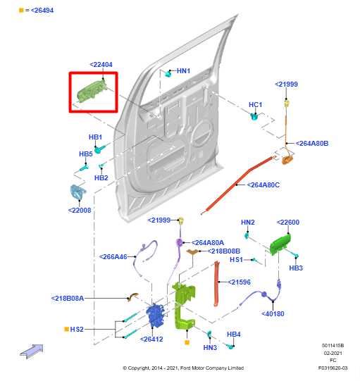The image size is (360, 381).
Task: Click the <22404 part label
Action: pos(101,65)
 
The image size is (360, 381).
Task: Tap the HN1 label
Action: pos(183,71)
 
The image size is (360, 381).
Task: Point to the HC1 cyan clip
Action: pos(254,116)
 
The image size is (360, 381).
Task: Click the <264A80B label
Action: pos(312,144)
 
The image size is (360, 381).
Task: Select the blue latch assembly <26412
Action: pos(156,316)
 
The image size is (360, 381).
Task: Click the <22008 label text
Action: pos(80,210)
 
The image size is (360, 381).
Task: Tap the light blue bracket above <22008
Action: pos(77,192)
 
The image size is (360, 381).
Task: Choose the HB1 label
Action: pos(95,137)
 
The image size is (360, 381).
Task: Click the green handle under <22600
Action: pos(280,244)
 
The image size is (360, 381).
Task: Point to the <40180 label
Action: pos(273,313)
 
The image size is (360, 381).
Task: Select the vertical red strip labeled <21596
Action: pos(216,284)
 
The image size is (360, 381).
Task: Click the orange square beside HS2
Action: pos(66,329)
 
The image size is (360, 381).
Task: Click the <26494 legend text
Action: pos(42,11)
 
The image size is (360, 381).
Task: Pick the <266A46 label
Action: pos(113,256)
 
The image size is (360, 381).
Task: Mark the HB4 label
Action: pos(234,335)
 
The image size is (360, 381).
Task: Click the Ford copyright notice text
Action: pos(183,368)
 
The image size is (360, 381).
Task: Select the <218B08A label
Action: pos(68,298)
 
